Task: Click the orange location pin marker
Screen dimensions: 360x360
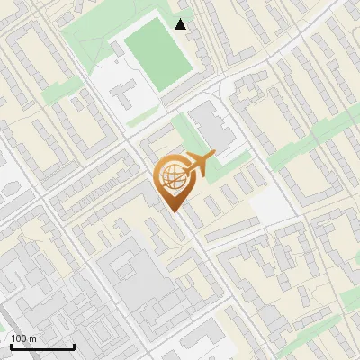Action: (x=173, y=181)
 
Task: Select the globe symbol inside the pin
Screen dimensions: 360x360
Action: (x=172, y=178)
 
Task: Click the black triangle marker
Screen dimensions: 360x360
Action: (x=181, y=24)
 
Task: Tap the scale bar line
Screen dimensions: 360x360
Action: (x=41, y=347)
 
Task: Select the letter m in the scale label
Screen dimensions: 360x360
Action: (x=32, y=338)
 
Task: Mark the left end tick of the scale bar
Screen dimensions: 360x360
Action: (x=10, y=346)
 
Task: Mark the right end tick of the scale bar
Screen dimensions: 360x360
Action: (x=74, y=346)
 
